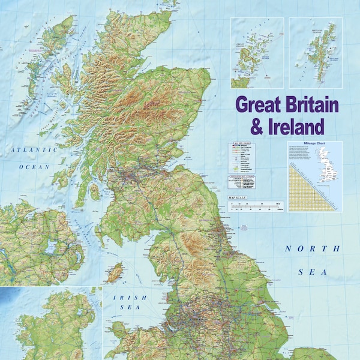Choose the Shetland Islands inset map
(316, 53)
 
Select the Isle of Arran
(94, 191)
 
